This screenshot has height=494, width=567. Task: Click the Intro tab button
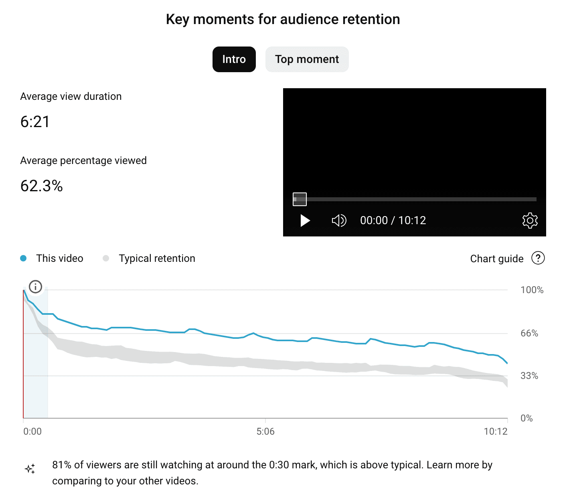tap(234, 59)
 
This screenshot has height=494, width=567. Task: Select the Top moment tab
tap(307, 59)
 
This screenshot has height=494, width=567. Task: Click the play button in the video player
tap(305, 221)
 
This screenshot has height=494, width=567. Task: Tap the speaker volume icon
tap(339, 221)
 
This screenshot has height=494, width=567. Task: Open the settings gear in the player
tap(530, 221)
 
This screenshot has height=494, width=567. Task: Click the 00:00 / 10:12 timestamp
tap(393, 221)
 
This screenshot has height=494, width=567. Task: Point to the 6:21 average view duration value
tap(35, 122)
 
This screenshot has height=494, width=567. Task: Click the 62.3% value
tap(41, 186)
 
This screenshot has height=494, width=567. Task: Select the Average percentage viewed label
tap(83, 160)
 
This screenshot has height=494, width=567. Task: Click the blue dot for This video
tap(23, 258)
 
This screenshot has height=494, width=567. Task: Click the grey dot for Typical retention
tap(106, 258)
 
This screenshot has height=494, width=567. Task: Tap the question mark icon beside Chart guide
tap(538, 258)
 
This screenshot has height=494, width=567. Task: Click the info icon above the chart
tap(36, 287)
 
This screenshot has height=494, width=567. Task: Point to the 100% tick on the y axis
tap(532, 290)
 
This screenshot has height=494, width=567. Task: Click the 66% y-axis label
tap(529, 333)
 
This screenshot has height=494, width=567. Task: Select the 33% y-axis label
tap(529, 376)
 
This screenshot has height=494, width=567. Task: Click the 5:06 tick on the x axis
tap(265, 431)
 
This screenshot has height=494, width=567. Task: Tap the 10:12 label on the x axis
tap(496, 431)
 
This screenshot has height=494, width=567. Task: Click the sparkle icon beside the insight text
tap(30, 469)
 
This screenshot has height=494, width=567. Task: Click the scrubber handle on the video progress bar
tap(300, 199)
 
